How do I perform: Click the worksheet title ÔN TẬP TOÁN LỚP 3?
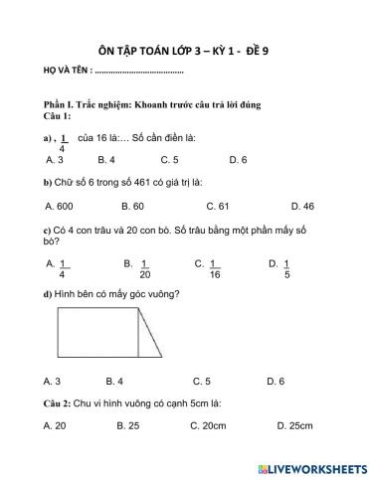(185, 50)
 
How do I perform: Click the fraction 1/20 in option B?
(144, 269)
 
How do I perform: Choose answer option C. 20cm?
(210, 425)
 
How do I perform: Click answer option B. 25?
(126, 425)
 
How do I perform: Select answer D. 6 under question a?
(238, 159)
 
